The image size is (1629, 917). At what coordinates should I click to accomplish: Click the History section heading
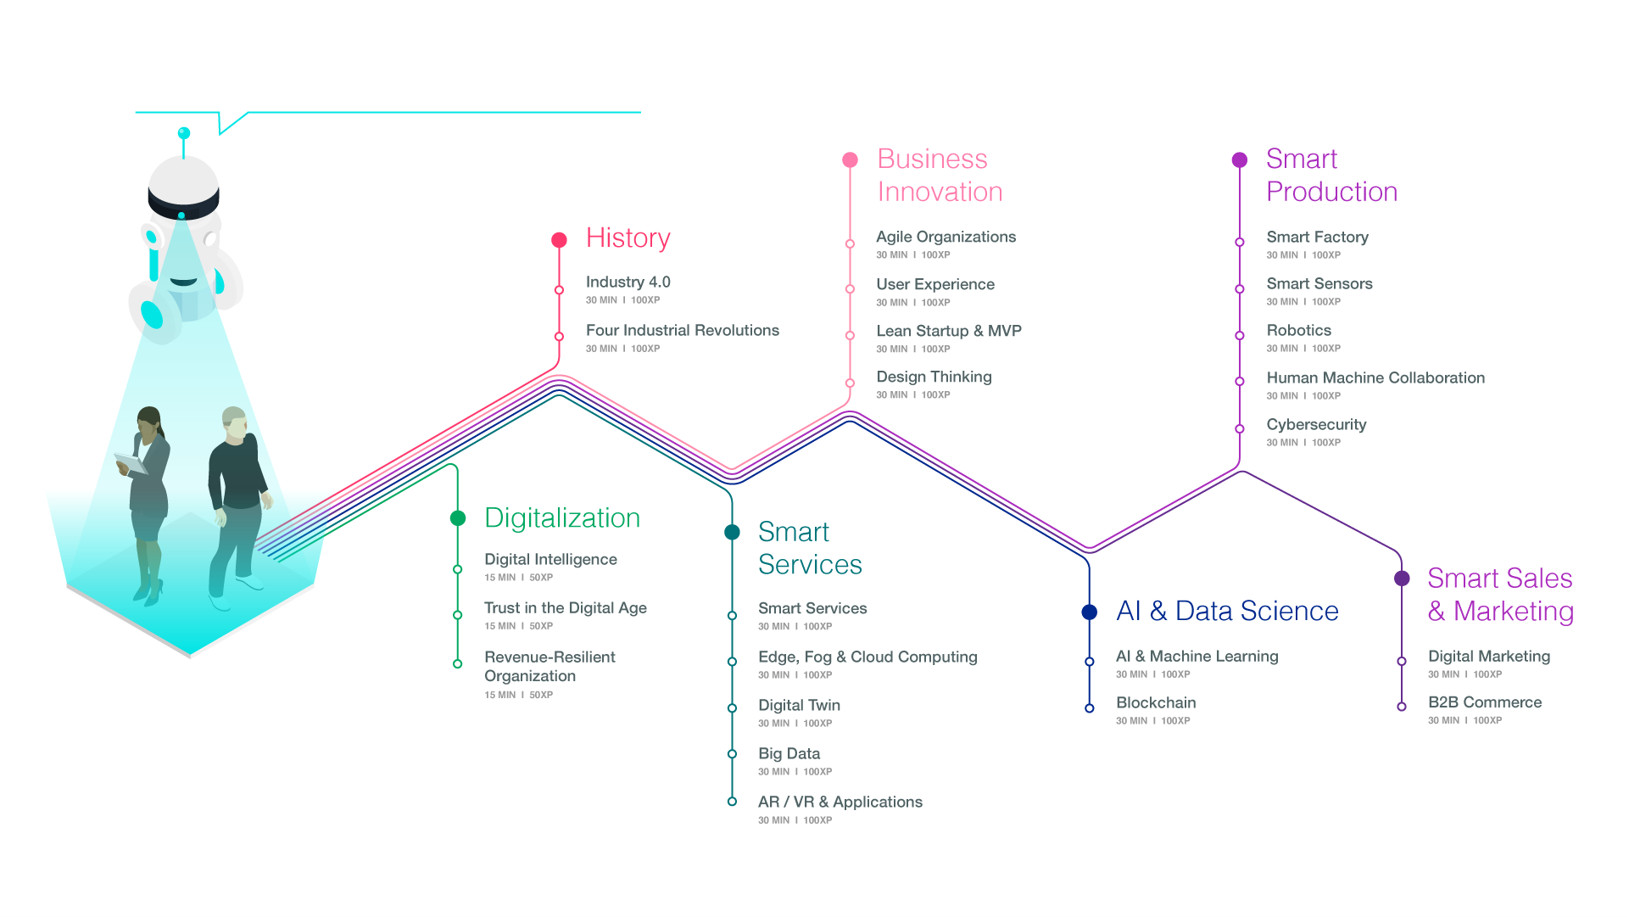628,238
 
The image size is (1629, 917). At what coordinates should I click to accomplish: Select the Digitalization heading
562,517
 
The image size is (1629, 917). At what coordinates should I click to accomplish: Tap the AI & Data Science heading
1227,611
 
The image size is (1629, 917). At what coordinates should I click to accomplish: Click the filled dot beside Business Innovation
850,159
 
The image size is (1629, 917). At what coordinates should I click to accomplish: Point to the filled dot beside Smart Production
1239,159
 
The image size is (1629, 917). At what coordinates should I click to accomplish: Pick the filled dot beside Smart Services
732,532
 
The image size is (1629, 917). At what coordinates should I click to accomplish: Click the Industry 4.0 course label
628,282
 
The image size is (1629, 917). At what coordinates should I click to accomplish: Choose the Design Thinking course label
934,377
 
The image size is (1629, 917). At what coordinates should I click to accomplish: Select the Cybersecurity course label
1316,424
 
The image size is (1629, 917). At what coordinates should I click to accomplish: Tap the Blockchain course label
1156,702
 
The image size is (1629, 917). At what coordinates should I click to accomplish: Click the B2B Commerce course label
1485,702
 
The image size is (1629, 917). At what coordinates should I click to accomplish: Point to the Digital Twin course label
799,705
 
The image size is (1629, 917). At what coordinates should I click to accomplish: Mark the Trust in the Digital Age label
565,607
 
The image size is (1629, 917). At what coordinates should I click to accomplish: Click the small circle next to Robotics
1239,335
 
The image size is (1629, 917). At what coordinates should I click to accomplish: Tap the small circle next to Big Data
732,753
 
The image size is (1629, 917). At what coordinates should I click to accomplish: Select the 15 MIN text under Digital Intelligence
499,578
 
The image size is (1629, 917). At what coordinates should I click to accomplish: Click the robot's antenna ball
183,133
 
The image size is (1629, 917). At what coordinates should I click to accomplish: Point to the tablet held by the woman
131,463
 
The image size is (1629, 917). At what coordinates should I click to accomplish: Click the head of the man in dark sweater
234,423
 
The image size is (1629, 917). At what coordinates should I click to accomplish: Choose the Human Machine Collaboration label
1375,377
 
